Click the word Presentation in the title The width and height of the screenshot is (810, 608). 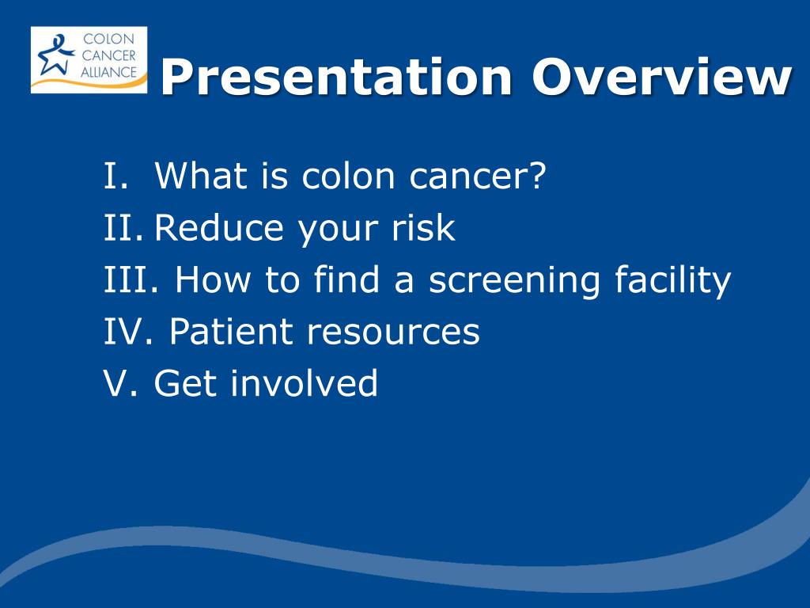[x=336, y=78]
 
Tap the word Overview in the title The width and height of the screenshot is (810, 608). [x=662, y=77]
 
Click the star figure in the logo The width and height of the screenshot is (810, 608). [x=55, y=55]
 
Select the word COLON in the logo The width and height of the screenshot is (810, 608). [x=108, y=39]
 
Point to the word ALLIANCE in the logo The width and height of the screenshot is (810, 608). [x=108, y=72]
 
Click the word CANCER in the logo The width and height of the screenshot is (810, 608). [x=108, y=55]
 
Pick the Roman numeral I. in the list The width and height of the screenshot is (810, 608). [x=115, y=176]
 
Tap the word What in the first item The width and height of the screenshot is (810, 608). [x=201, y=175]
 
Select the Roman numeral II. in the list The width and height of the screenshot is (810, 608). [x=123, y=227]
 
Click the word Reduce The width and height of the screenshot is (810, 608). [x=219, y=227]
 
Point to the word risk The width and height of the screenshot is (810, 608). [x=423, y=227]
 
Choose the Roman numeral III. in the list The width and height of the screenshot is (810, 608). [x=131, y=279]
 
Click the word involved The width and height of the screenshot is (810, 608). [x=304, y=382]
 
